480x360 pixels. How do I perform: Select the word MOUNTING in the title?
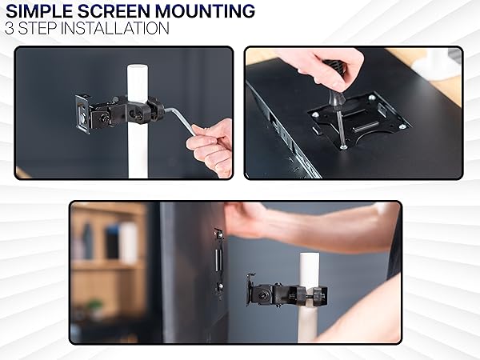pos(207,11)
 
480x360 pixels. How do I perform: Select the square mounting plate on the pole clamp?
pos(82,111)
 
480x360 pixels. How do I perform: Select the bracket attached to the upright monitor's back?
pos(218,260)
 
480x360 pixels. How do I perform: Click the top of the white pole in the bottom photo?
pos(310,258)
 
